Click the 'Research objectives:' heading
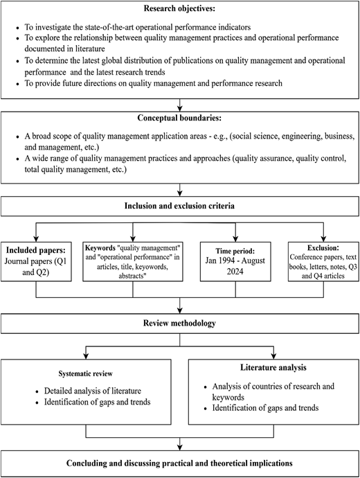179,8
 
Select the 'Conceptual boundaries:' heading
179,118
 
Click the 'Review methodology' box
180,324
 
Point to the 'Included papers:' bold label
36,250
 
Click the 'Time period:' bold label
235,251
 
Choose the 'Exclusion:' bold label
323,247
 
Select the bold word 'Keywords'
100,248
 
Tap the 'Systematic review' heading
86,374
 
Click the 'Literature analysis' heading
273,367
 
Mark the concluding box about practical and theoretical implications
180,463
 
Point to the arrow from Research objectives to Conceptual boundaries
180,105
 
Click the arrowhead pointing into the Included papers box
36,239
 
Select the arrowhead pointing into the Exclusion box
323,239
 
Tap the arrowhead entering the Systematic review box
86,356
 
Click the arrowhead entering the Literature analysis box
273,356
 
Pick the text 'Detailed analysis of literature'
93,391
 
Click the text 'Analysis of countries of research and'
273,387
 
